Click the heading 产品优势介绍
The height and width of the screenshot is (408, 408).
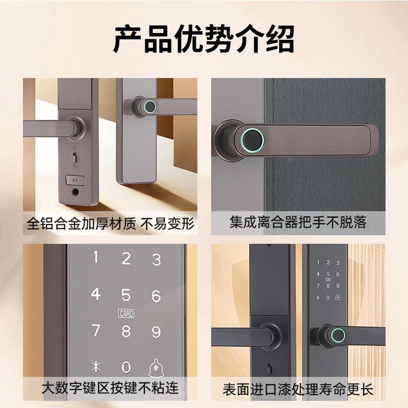click(x=204, y=39)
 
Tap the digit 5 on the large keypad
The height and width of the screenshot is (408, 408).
click(x=126, y=294)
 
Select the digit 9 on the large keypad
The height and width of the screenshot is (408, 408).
click(x=157, y=332)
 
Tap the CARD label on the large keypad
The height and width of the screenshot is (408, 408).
click(x=126, y=314)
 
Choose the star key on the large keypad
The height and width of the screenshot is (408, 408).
click(x=95, y=367)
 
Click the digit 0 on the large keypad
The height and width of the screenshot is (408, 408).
click(x=126, y=367)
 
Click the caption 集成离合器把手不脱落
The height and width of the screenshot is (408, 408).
click(x=298, y=222)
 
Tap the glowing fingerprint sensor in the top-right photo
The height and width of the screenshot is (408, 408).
click(x=251, y=138)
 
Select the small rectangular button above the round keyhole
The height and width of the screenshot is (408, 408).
click(x=75, y=180)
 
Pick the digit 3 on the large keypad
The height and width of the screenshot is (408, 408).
click(x=157, y=259)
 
